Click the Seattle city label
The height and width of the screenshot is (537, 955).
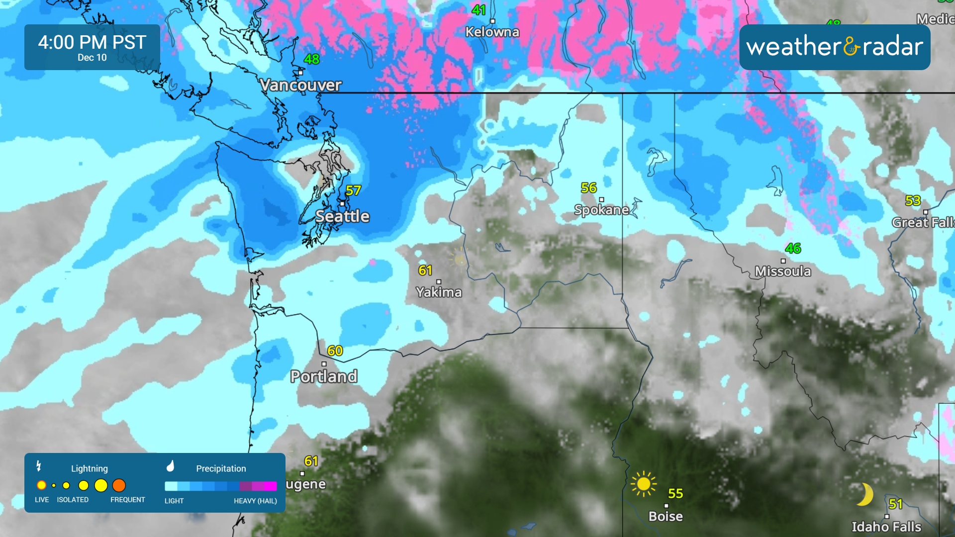[342, 216]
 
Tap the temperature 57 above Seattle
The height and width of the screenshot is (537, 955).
[353, 190]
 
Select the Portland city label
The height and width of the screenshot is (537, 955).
[324, 376]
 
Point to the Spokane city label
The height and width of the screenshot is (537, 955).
[601, 210]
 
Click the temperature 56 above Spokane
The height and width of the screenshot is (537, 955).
[589, 188]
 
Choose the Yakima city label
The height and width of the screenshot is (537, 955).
[439, 292]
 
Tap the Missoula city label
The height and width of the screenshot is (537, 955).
[783, 271]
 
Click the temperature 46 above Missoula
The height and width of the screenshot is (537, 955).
[793, 248]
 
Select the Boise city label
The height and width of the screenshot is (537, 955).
[666, 516]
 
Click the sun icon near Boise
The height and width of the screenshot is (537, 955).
[643, 483]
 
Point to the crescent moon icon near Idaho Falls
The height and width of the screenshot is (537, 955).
[865, 494]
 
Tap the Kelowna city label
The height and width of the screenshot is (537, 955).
[492, 32]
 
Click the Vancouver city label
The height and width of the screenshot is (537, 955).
[301, 85]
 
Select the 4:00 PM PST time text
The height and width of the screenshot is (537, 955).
[92, 42]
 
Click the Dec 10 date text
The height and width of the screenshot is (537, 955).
[92, 58]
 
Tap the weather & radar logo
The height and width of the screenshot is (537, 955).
[835, 47]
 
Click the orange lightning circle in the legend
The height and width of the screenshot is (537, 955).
[119, 485]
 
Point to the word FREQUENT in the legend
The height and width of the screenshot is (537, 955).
[128, 500]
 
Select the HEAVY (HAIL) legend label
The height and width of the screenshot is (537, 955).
[255, 501]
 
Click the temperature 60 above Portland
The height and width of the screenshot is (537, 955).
[335, 351]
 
